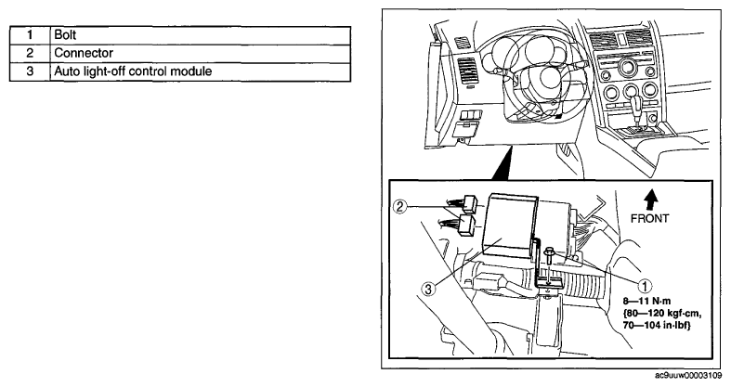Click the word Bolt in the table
coord(65,35)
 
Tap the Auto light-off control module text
coord(133,71)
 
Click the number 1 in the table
coord(30,35)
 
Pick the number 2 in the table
coord(30,53)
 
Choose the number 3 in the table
coord(30,71)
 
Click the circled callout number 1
coord(645,286)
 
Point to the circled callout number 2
coord(400,206)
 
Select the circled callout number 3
coord(428,289)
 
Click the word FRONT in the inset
coord(649,218)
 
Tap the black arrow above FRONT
coord(651,200)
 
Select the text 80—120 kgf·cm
coord(662,313)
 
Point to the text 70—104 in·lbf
coord(657,325)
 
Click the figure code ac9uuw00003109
coord(692,375)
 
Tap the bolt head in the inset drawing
coord(551,253)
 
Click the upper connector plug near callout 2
coord(143,204)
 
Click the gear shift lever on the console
coord(635,108)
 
